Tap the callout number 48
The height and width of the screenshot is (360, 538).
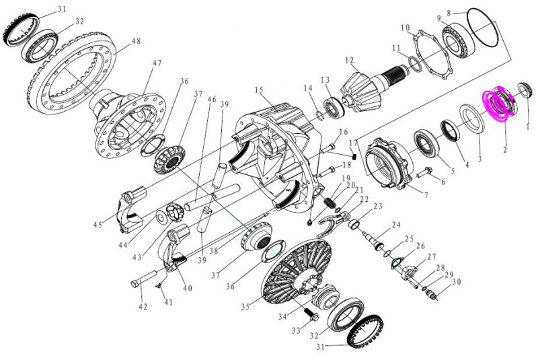coord(136,42)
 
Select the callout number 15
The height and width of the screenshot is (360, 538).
coord(258,90)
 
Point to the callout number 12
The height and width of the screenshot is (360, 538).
coord(350,61)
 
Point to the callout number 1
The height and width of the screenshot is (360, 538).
coord(528,126)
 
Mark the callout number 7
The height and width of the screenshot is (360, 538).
coord(424,196)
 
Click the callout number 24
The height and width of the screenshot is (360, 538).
coord(397,225)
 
